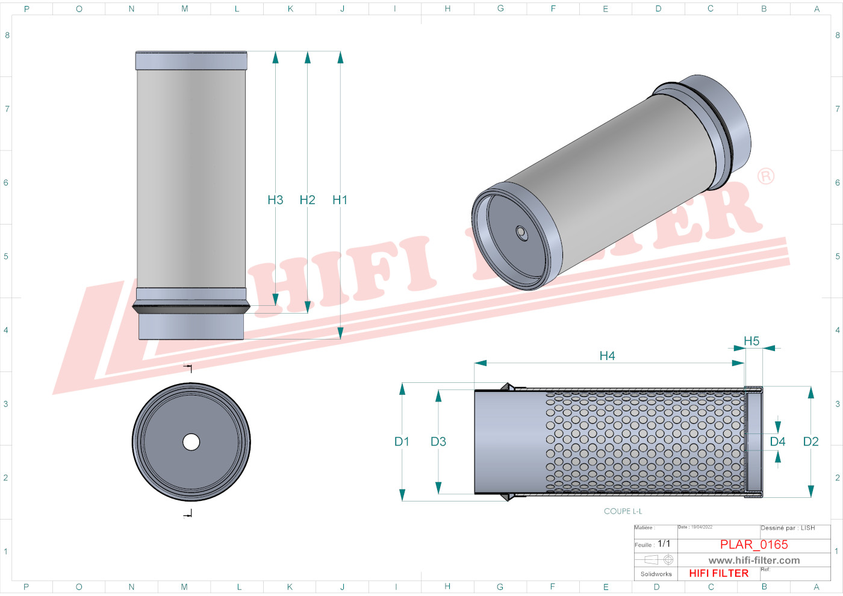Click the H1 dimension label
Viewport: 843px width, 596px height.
[340, 200]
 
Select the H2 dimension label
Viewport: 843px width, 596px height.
[307, 200]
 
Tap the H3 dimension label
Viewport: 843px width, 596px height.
[275, 200]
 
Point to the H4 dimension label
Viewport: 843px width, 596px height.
[607, 356]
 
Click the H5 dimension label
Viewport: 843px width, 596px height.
[751, 341]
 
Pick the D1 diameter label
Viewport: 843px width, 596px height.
[402, 442]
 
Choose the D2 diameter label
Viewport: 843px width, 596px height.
[810, 442]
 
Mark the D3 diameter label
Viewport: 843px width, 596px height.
[438, 442]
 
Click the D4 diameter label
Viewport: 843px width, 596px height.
[777, 442]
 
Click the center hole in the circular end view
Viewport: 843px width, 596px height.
[191, 442]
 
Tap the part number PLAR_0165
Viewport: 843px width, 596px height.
[754, 544]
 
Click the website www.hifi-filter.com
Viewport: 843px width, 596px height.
[754, 560]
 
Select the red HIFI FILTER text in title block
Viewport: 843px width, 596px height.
[718, 573]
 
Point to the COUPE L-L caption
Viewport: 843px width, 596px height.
[623, 511]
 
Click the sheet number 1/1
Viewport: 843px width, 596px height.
[664, 544]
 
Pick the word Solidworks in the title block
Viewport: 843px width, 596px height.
[656, 574]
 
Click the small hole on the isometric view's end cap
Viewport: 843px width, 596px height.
[521, 233]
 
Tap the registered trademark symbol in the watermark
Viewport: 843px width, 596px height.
[765, 176]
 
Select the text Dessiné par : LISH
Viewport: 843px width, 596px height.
[788, 528]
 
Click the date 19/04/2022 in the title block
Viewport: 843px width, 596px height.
[701, 527]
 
